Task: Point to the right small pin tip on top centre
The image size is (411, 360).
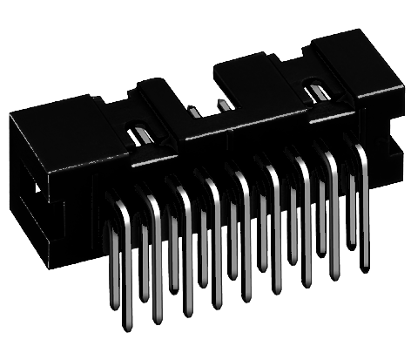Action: point(223,103)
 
